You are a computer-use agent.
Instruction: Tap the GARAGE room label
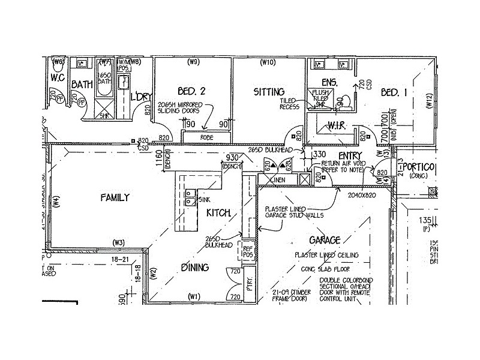(325, 240)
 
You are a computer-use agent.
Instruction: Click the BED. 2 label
(192, 91)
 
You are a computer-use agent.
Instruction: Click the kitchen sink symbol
(190, 197)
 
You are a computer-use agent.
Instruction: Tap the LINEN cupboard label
(277, 179)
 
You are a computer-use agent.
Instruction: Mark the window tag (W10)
(267, 62)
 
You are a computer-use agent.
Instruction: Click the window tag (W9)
(193, 62)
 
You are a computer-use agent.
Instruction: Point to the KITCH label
(218, 213)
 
